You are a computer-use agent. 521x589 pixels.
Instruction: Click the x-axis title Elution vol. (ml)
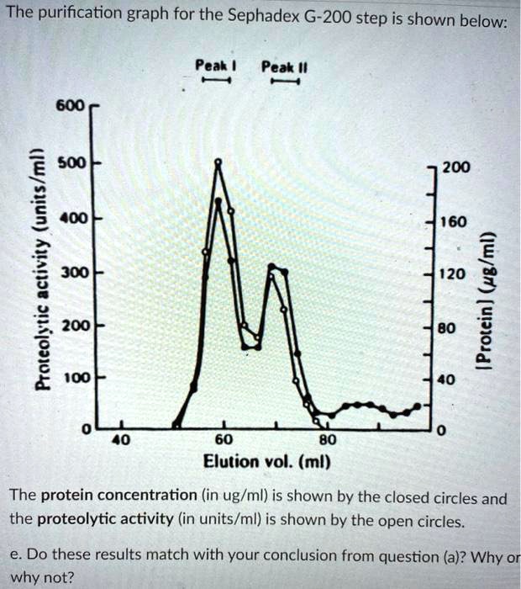267,462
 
